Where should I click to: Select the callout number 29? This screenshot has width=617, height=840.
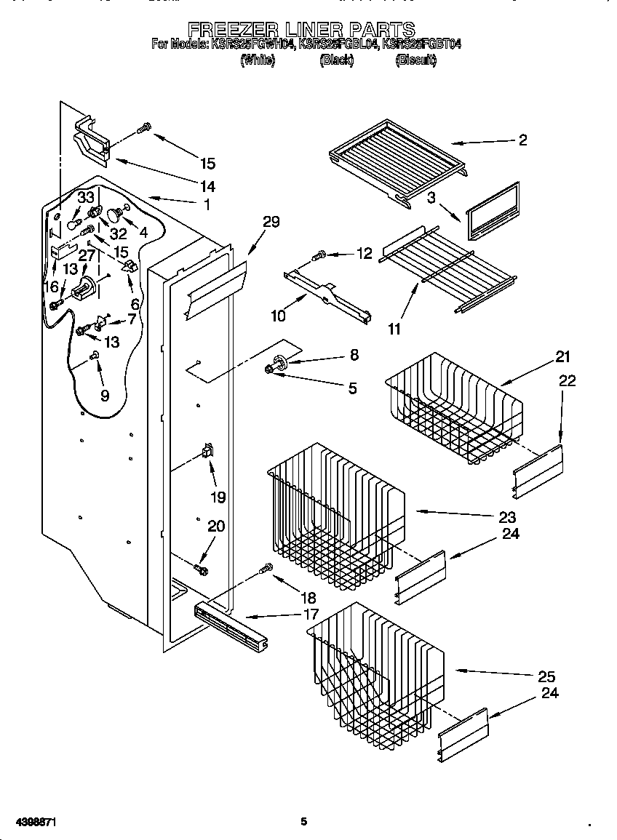(271, 222)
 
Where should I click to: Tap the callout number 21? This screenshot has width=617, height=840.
(563, 357)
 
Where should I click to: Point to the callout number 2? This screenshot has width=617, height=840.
(522, 140)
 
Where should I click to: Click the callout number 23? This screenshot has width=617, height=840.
(507, 517)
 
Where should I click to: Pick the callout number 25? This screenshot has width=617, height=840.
(546, 676)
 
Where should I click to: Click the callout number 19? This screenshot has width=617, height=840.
(218, 497)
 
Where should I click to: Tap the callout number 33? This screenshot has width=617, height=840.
(86, 197)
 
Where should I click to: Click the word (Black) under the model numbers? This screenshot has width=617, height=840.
(336, 61)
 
